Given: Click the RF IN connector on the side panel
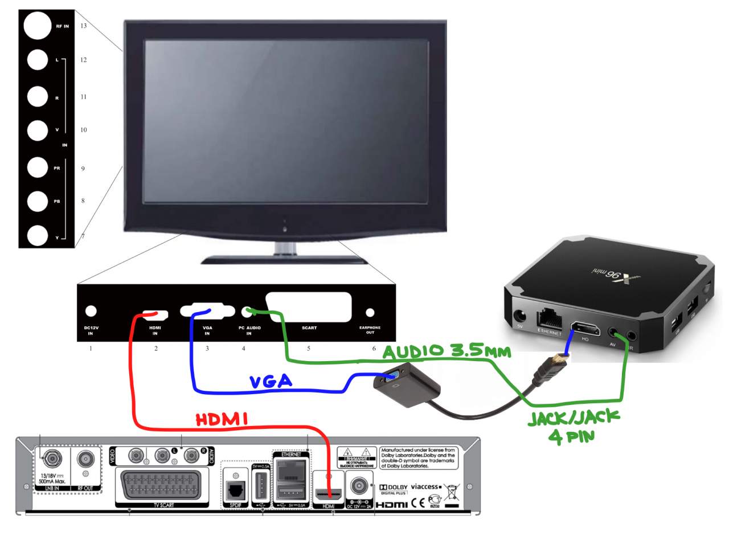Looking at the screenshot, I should pos(38,26).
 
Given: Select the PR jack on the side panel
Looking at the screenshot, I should pos(38,167).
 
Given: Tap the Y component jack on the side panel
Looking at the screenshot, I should pos(38,235).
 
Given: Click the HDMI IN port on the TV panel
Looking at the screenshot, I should pos(155,314).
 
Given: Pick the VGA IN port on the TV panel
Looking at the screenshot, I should pos(207,312).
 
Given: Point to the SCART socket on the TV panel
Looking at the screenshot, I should pos(308,308).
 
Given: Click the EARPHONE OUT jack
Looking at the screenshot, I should pos(370,312).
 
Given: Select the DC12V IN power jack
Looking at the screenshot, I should pos(90,311).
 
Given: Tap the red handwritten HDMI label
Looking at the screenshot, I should pos(221,420).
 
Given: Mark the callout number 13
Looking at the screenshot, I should pos(83,26).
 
